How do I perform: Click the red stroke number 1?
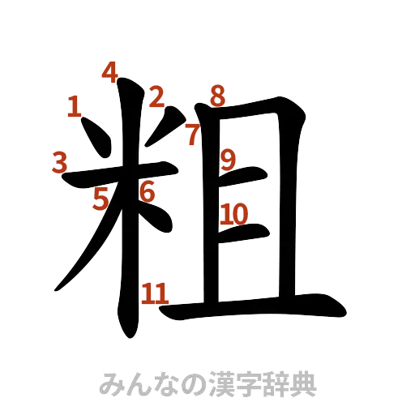[75, 106]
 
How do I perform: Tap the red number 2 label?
[156, 98]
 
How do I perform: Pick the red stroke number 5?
[101, 199]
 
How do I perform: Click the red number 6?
[147, 192]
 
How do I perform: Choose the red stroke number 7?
[192, 135]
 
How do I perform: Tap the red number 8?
[216, 96]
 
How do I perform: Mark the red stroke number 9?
[229, 159]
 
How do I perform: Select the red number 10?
[234, 214]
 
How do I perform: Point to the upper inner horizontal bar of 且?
[247, 174]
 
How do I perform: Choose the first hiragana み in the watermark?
[109, 384]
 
